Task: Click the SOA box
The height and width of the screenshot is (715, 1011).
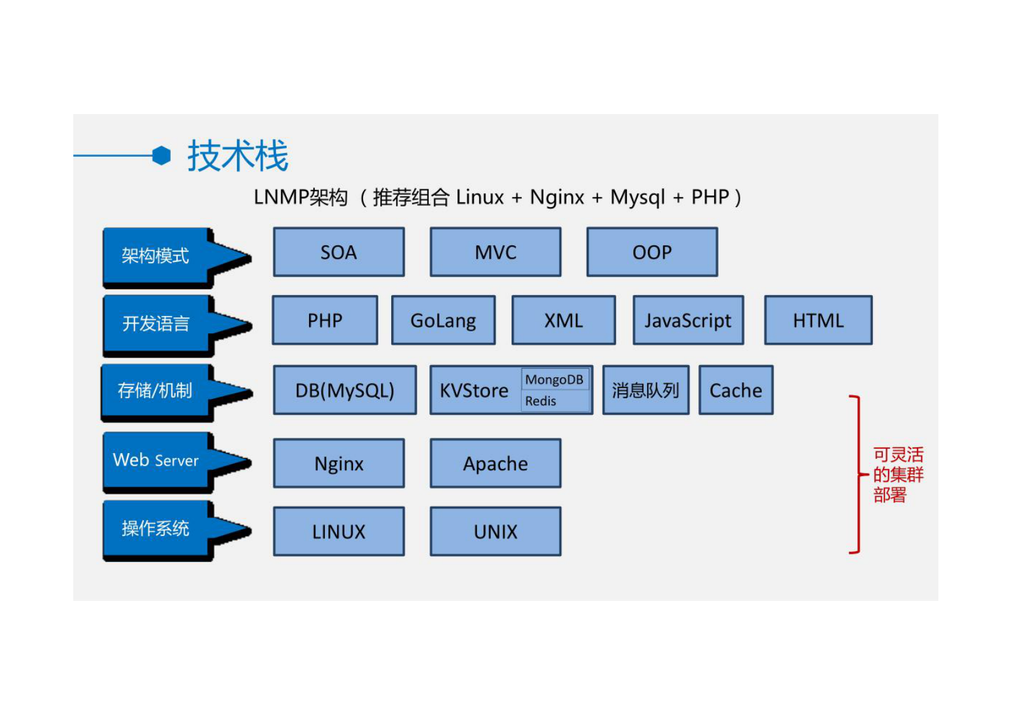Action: coord(338,252)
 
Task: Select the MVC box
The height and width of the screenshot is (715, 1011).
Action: coord(495,252)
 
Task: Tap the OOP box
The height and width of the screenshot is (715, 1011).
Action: coord(652,252)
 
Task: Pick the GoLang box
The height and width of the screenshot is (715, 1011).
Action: coord(443,321)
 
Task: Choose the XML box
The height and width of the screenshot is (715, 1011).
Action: coord(563,321)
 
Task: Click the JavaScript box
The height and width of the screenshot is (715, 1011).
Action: coord(687,321)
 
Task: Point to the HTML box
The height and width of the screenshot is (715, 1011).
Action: coord(818,321)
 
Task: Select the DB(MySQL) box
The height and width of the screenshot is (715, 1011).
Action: coord(345,390)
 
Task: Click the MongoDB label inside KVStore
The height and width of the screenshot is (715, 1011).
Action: coord(554,380)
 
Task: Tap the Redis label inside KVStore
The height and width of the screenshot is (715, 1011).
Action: coord(541,401)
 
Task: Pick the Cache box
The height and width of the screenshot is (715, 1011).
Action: coord(736,390)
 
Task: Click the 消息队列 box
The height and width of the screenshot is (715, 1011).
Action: coord(645,390)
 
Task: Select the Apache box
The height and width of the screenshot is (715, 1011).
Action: coord(495,463)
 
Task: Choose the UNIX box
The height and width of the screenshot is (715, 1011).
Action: coord(495,531)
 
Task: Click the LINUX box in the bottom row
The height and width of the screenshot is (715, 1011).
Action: coord(338,531)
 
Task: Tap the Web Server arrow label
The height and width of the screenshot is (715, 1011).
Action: coord(157,460)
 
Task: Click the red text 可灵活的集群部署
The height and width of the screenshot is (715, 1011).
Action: coord(897,475)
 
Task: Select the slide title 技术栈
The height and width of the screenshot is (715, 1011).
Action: coord(238,156)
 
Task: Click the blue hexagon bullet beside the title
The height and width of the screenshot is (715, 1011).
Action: coord(162,155)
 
